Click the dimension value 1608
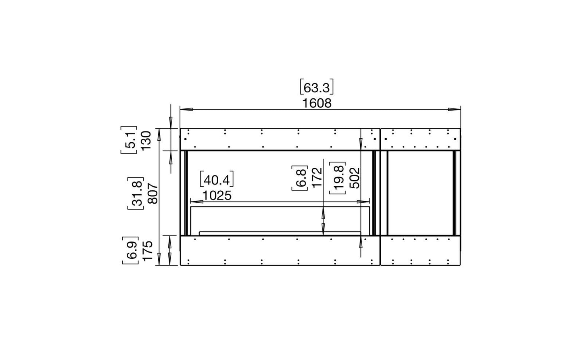[x=317, y=104]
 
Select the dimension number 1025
[x=217, y=196]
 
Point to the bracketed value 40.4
[x=217, y=179]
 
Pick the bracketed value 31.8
[x=136, y=193]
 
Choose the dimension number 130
[x=146, y=140]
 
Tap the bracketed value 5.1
[x=129, y=140]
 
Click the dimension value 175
[x=147, y=250]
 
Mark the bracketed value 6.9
[x=130, y=250]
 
